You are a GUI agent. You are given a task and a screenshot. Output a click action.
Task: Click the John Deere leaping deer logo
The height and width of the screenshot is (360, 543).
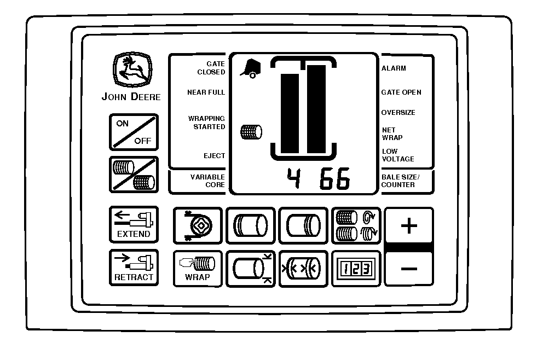132,69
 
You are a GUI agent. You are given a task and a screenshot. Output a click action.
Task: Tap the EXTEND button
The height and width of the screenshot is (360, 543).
134,224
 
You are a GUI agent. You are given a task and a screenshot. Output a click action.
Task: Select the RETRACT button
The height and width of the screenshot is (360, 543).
134,268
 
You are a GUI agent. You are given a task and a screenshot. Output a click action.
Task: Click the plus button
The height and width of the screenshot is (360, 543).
409,226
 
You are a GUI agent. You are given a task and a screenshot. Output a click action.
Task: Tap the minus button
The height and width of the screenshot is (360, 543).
409,269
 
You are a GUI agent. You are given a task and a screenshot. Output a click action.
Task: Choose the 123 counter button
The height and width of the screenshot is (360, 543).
356,269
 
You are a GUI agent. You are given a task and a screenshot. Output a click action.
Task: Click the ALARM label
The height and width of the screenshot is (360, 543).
394,68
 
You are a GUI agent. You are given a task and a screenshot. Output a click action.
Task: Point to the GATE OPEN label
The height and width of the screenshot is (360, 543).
401,92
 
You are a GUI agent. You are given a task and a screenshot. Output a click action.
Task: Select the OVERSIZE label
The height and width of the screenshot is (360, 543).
398,113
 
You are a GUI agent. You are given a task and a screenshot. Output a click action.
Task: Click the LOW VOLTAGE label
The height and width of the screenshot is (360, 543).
398,155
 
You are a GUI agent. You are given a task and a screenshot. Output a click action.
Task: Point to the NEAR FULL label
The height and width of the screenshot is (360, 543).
206,92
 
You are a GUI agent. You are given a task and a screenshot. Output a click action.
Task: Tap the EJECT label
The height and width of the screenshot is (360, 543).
215,156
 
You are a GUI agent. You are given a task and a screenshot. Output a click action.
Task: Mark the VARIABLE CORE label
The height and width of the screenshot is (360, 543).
208,181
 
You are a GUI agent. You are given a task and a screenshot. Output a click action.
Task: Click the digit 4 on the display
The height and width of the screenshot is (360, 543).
294,178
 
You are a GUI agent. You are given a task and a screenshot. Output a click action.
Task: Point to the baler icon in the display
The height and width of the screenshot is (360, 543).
251,68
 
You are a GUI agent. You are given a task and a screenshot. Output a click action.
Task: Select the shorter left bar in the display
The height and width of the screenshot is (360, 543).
290,114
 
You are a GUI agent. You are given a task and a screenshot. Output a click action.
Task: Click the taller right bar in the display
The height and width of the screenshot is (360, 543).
316,109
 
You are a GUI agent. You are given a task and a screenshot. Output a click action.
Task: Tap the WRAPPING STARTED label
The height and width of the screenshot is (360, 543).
207,123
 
